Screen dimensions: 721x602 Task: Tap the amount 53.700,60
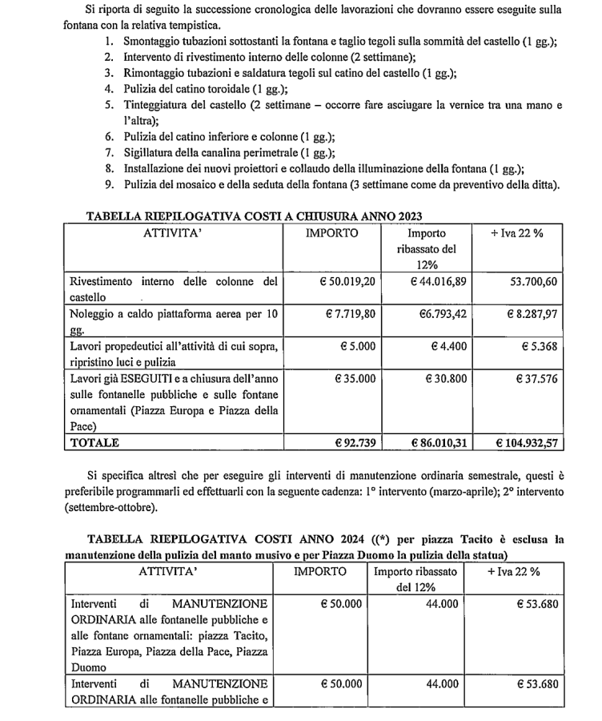click(x=528, y=281)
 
